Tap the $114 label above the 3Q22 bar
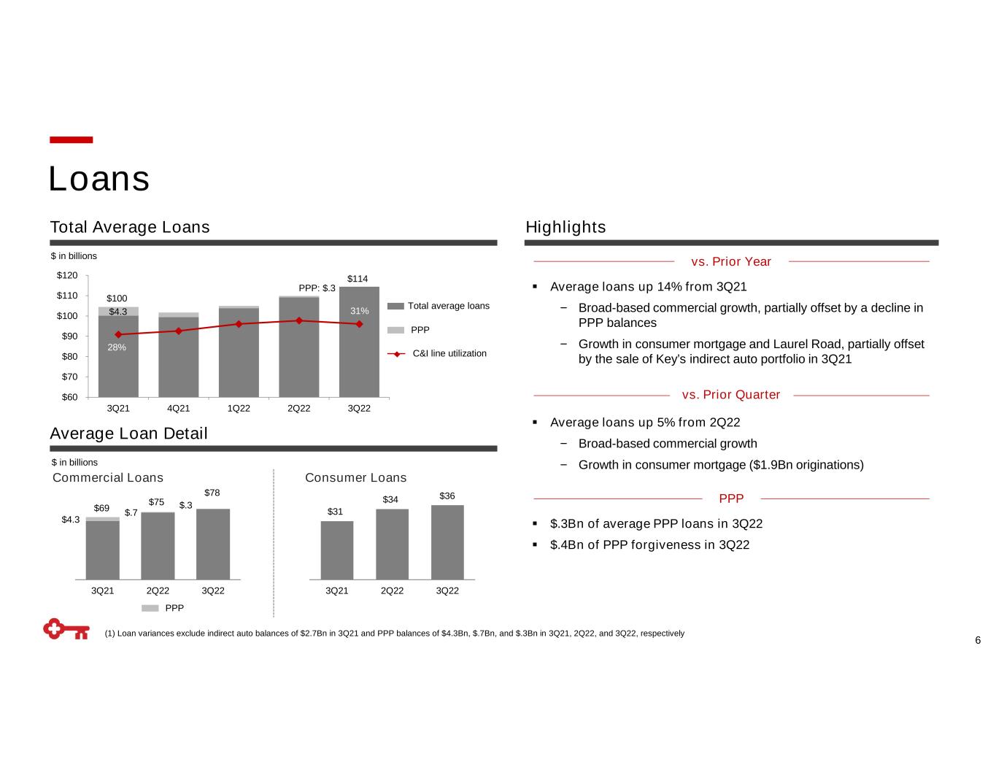coord(358,279)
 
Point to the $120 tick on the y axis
coord(68,275)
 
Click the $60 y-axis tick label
coord(68,397)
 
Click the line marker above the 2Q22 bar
coord(299,320)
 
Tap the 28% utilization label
coord(117,347)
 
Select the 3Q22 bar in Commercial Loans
coord(213,544)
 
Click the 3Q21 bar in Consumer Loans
coord(336,550)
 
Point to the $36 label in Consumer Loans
coord(447,496)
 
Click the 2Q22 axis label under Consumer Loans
coord(392,590)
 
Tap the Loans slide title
coord(99,179)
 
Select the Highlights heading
coord(565,227)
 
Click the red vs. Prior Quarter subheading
coord(731,395)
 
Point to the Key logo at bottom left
coord(66,629)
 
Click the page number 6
coord(978,641)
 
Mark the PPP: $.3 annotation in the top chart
coord(317,288)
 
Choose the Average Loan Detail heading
coord(128,434)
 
